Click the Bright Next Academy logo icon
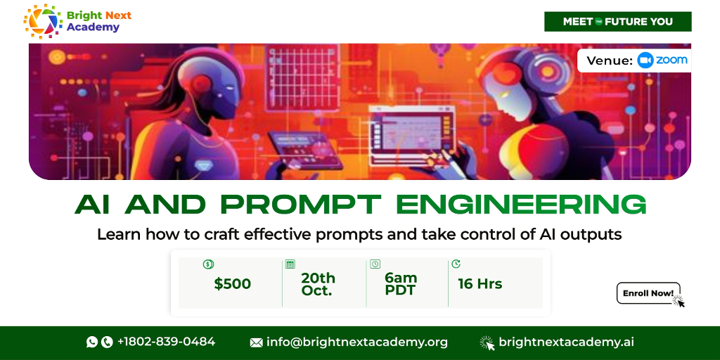pos(43,20)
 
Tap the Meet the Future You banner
pos(617,22)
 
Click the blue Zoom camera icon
pos(645,60)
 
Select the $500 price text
pos(232,284)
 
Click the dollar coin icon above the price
pos(208,264)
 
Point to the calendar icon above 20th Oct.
pos(290,264)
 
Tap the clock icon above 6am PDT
pos(375,264)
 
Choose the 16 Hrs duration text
pos(480,284)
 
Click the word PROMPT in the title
pos(300,205)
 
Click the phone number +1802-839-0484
pos(166,342)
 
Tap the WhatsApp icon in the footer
pos(92,342)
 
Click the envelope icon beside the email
pos(256,342)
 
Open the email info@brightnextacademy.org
pos(356,342)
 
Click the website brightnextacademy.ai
pos(566,342)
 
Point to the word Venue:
pos(610,60)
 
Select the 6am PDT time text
pos(401,284)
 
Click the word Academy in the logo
pos(93,27)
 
